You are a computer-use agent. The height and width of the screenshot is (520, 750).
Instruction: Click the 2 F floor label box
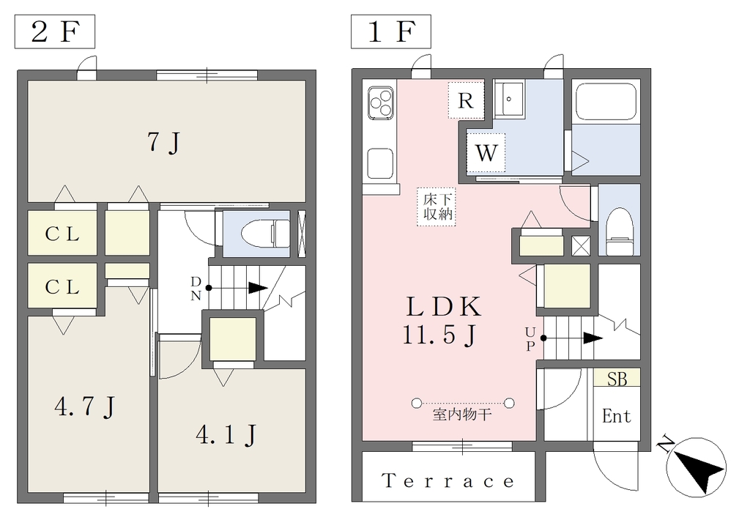coord(54,31)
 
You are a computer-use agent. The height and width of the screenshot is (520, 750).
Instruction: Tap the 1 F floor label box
coord(391,31)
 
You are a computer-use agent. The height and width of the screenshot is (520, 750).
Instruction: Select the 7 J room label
coord(163,143)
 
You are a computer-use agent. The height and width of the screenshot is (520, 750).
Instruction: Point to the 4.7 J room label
coord(85,407)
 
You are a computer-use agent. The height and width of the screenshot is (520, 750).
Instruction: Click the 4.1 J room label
coord(226,435)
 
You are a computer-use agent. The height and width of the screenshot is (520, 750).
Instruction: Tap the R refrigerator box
coord(466,100)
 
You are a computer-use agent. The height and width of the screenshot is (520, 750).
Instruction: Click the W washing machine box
coord(486,152)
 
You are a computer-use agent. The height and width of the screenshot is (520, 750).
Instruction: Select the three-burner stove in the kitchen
coord(381,103)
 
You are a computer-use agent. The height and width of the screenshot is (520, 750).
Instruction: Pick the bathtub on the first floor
coord(606,103)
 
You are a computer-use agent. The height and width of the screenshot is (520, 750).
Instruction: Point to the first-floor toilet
coord(620,231)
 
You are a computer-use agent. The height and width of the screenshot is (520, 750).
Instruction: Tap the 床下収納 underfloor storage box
coord(436,207)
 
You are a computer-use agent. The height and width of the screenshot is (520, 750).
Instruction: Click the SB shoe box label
coord(617,379)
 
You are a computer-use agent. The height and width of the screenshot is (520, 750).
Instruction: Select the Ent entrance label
coord(616,416)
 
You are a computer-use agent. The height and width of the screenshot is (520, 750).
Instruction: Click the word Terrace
coord(448,480)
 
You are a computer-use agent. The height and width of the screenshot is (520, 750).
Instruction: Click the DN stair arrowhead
coord(258,288)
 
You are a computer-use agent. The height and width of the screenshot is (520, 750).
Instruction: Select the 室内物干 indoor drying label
coord(463,415)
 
